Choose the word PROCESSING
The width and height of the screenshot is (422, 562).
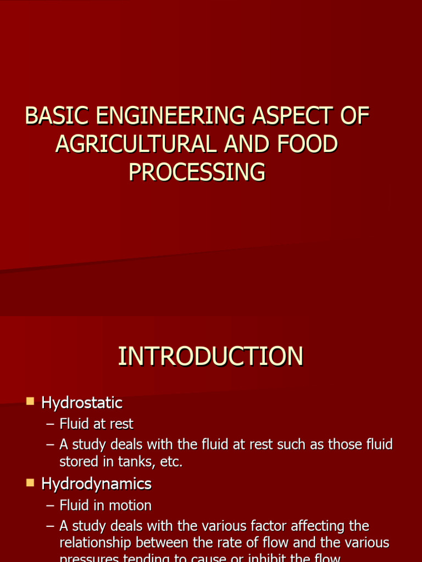(x=197, y=172)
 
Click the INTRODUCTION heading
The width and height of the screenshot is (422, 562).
(x=210, y=356)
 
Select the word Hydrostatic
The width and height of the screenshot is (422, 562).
(x=82, y=403)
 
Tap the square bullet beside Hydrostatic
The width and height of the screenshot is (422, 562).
(x=30, y=402)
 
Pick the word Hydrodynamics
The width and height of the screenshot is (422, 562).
(x=96, y=484)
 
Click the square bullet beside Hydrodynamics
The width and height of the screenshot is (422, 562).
(x=30, y=483)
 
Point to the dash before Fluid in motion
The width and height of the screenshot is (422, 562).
(x=51, y=505)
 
